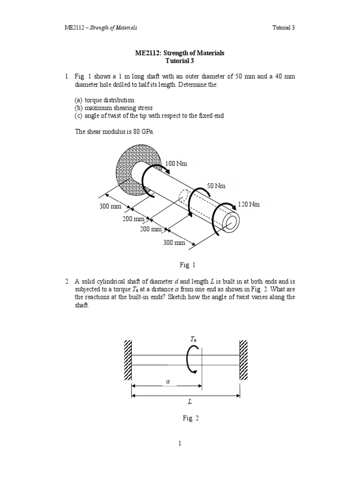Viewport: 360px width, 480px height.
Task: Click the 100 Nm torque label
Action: (176, 163)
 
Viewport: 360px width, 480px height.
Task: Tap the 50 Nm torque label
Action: (216, 186)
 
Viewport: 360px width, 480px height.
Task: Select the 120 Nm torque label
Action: (248, 204)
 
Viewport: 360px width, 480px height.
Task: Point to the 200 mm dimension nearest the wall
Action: (133, 218)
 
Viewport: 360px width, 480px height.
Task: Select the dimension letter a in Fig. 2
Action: (167, 382)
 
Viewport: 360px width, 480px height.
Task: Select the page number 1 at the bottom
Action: (180, 443)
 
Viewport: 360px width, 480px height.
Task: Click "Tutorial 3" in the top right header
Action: (284, 28)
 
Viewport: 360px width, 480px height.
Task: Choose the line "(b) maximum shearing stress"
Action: (113, 108)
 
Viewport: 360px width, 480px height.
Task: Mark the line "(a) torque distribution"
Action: (105, 100)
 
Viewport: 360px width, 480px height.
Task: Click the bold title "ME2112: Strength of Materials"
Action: (180, 53)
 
